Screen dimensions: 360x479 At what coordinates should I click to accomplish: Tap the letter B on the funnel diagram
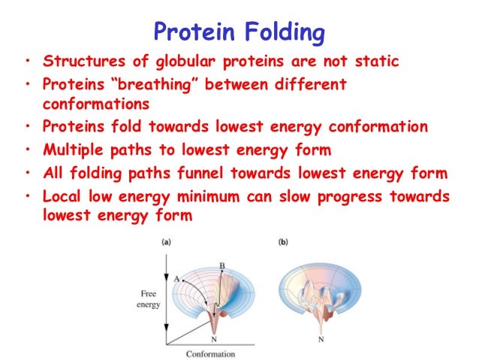221,265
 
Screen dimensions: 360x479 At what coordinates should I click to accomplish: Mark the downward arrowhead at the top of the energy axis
164,264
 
